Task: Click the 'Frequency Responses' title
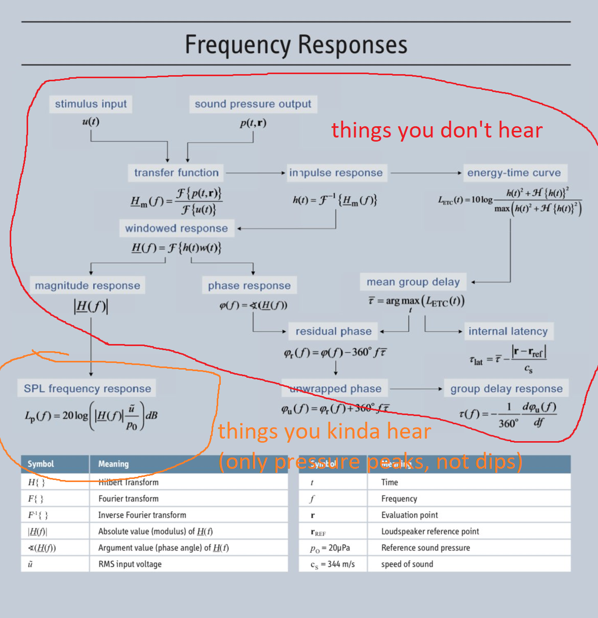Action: pyautogui.click(x=296, y=44)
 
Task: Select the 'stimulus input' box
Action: pyautogui.click(x=91, y=104)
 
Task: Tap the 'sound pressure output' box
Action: pyautogui.click(x=253, y=104)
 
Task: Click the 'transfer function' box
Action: pyautogui.click(x=176, y=173)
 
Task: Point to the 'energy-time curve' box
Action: pyautogui.click(x=514, y=173)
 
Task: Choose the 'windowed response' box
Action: pyautogui.click(x=176, y=228)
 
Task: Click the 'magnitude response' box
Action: pyautogui.click(x=87, y=285)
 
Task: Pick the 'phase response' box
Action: pyautogui.click(x=249, y=285)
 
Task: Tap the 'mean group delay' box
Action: pyautogui.click(x=413, y=282)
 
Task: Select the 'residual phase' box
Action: pyautogui.click(x=334, y=331)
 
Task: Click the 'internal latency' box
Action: pyautogui.click(x=508, y=331)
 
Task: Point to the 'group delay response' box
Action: pyautogui.click(x=507, y=388)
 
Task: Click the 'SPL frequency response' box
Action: pyautogui.click(x=87, y=388)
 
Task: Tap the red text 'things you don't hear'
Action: pyautogui.click(x=437, y=130)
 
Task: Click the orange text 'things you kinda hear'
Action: pyautogui.click(x=325, y=431)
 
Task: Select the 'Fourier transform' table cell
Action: pyautogui.click(x=128, y=498)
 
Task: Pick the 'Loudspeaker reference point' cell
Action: pyautogui.click(x=430, y=531)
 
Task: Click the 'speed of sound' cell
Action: pyautogui.click(x=407, y=564)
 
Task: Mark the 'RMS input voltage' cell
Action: pyautogui.click(x=130, y=564)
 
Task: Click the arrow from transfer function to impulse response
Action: pyautogui.click(x=256, y=173)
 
